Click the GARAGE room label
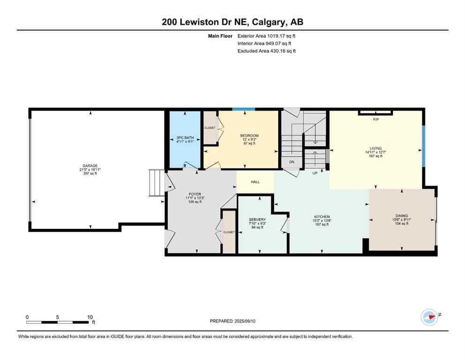[90, 165]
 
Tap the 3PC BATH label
[185, 138]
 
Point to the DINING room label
[401, 216]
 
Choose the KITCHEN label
[321, 217]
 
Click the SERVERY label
[258, 219]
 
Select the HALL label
[255, 182]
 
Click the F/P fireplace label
[376, 120]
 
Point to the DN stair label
[291, 162]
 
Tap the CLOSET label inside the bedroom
[210, 127]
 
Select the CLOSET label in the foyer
[229, 232]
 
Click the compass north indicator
[429, 316]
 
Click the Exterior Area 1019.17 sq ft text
[266, 36]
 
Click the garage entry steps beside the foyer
[155, 183]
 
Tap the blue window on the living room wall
[423, 146]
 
